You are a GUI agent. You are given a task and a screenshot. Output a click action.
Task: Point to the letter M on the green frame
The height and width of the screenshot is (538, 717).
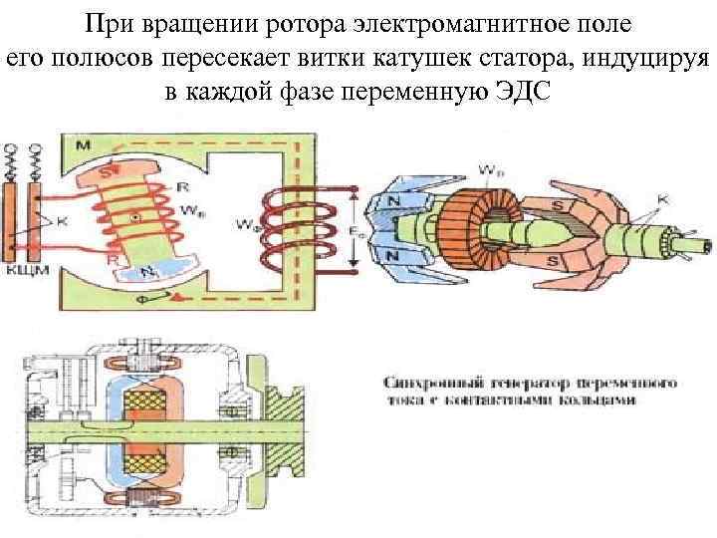tap(83, 146)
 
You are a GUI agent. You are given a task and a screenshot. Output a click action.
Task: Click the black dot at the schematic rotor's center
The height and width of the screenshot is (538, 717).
tap(134, 215)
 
